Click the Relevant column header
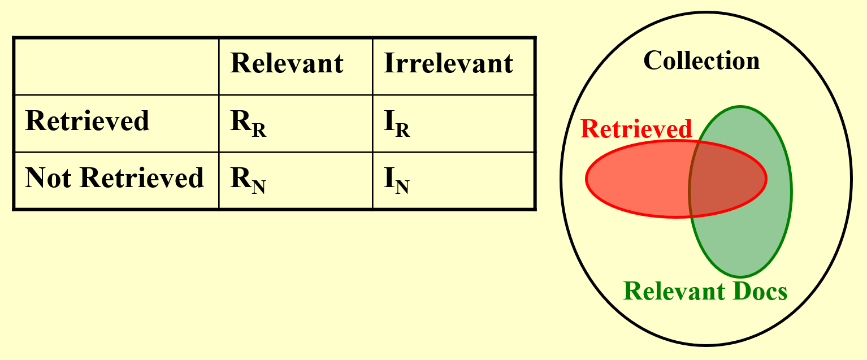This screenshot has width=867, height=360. pos(287,63)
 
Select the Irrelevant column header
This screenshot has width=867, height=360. pos(448,63)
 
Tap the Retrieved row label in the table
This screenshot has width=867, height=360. pos(87,121)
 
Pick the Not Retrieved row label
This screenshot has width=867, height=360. pos(114,178)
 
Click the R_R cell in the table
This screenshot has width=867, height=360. pos(248,125)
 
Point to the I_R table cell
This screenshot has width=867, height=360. pos(397,125)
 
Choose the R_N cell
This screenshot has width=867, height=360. pos(248,181)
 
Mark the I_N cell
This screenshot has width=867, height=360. pos(397,181)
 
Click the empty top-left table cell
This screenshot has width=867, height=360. pos(116,66)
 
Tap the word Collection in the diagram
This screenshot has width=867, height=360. pos(701,60)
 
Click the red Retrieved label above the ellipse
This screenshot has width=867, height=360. pos(636,129)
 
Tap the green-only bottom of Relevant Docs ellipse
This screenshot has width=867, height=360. pos(740,243)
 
